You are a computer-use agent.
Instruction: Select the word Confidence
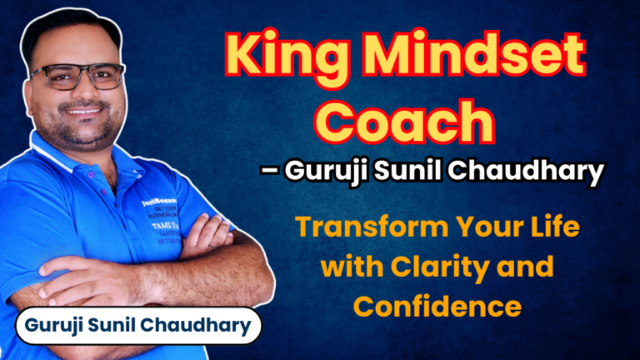click(437, 306)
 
